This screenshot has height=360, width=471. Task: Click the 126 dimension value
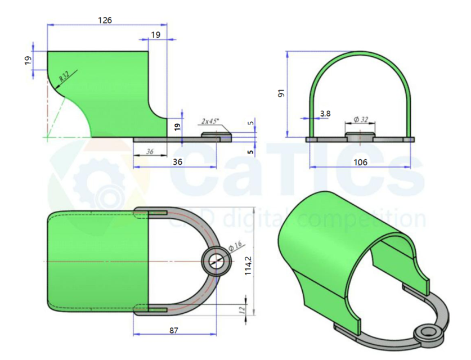pyautogui.click(x=105, y=20)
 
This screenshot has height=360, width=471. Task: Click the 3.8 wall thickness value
pyautogui.click(x=325, y=114)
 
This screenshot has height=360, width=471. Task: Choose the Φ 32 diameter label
pyautogui.click(x=361, y=120)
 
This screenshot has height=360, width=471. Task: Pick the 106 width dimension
pyautogui.click(x=360, y=162)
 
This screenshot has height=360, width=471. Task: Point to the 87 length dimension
pyautogui.click(x=174, y=330)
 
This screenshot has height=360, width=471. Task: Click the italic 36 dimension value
pyautogui.click(x=150, y=152)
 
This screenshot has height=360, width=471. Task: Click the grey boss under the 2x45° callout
pyautogui.click(x=216, y=136)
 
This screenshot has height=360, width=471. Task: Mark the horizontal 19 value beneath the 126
pyautogui.click(x=156, y=35)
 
